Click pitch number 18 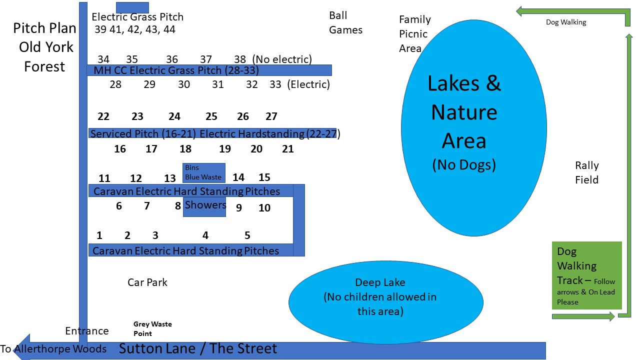coord(185,149)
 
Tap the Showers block coord(205,205)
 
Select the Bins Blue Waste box coord(203,173)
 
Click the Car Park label coord(147,282)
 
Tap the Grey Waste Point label coord(152,328)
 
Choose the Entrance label coord(87,331)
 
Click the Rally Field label coord(586,172)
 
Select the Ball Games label coord(345,22)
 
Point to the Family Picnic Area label coord(414,34)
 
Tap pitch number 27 coord(271,116)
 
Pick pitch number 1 coord(99,235)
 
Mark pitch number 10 coord(264,208)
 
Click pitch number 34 coord(103,59)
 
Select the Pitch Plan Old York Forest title coord(44,47)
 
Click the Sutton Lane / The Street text coord(197,348)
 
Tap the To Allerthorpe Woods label coord(53,349)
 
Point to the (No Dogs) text coord(464,164)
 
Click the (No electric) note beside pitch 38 coord(282,59)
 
